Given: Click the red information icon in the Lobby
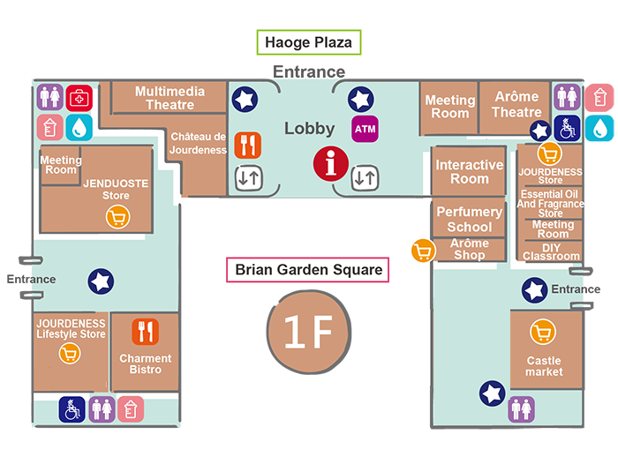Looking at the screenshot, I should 331,163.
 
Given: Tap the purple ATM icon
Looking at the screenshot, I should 365,129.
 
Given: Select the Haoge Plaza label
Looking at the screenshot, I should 309,42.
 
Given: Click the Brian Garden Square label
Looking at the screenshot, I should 309,270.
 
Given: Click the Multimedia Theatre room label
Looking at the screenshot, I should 170,98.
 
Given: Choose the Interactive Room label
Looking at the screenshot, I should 469,172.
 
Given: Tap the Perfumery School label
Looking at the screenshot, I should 469,220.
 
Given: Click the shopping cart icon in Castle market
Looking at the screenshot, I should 543,333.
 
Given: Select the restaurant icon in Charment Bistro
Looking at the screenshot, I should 145,332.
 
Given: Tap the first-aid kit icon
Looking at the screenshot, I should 79,97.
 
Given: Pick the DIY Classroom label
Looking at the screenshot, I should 550,252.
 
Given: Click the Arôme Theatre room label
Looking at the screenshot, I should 516,104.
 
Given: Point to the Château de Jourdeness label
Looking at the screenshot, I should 199,143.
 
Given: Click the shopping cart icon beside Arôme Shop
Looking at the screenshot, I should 423,251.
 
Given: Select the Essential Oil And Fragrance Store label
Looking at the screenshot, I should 550,203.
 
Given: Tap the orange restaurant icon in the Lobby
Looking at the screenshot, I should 248,144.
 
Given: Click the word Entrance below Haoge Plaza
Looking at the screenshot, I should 308,71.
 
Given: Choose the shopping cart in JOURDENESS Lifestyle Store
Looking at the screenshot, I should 70,354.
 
